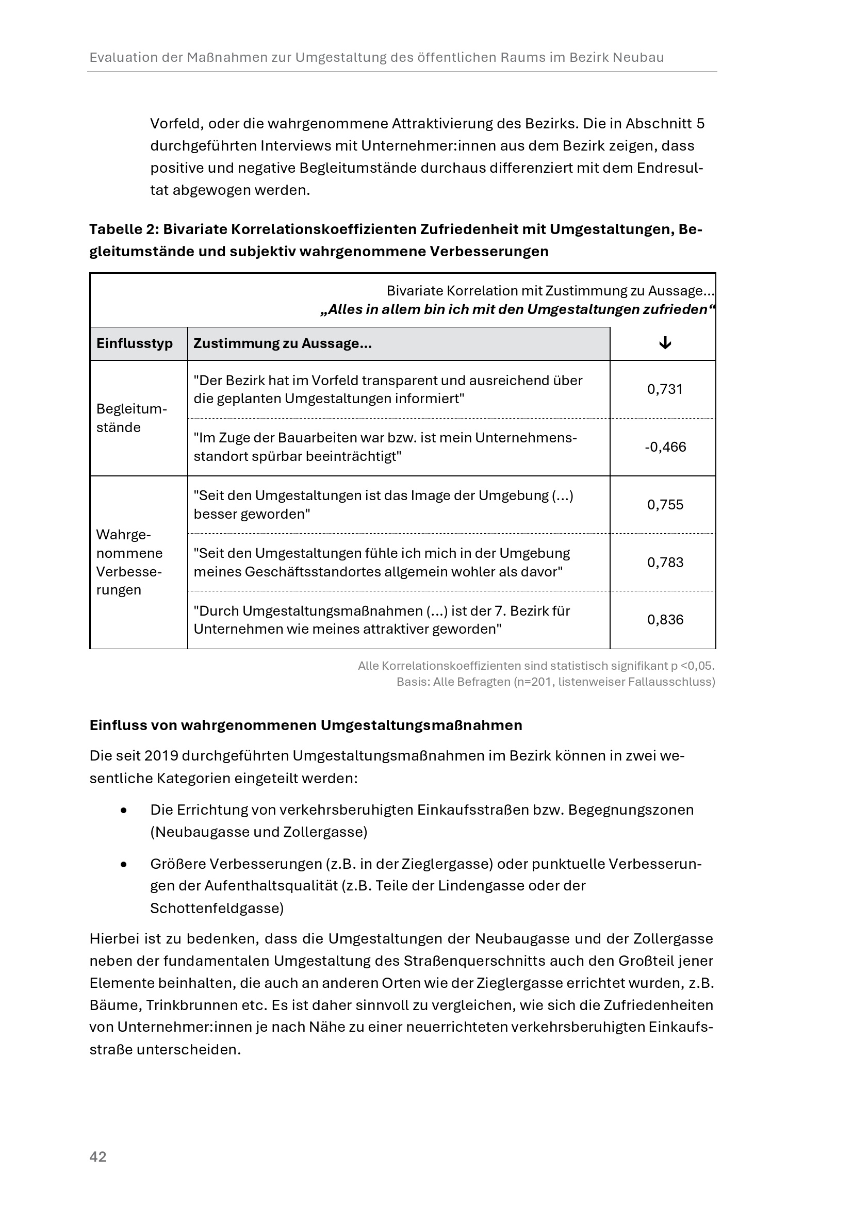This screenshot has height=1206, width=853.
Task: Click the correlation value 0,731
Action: pyautogui.click(x=664, y=389)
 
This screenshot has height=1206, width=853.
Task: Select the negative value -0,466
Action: pyautogui.click(x=665, y=447)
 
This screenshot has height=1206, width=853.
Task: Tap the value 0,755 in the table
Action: pyautogui.click(x=665, y=505)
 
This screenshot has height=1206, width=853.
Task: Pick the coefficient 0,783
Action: pyautogui.click(x=665, y=563)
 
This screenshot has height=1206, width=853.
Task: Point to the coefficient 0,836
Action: pyautogui.click(x=665, y=620)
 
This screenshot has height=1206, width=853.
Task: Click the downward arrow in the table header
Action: pyautogui.click(x=665, y=343)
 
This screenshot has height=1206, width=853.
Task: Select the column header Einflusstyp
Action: pyautogui.click(x=135, y=343)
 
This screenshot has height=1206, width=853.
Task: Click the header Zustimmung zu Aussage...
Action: pyautogui.click(x=283, y=343)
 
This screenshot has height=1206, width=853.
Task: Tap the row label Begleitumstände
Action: pyautogui.click(x=132, y=418)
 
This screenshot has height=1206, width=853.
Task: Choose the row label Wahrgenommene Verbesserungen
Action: pyautogui.click(x=129, y=562)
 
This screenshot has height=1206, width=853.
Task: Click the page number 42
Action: pyautogui.click(x=98, y=1157)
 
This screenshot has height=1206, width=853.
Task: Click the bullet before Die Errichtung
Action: pyautogui.click(x=124, y=811)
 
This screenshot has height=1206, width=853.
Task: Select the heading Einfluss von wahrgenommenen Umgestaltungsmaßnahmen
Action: pyautogui.click(x=306, y=725)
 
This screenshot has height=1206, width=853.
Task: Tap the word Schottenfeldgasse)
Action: pyautogui.click(x=217, y=908)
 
